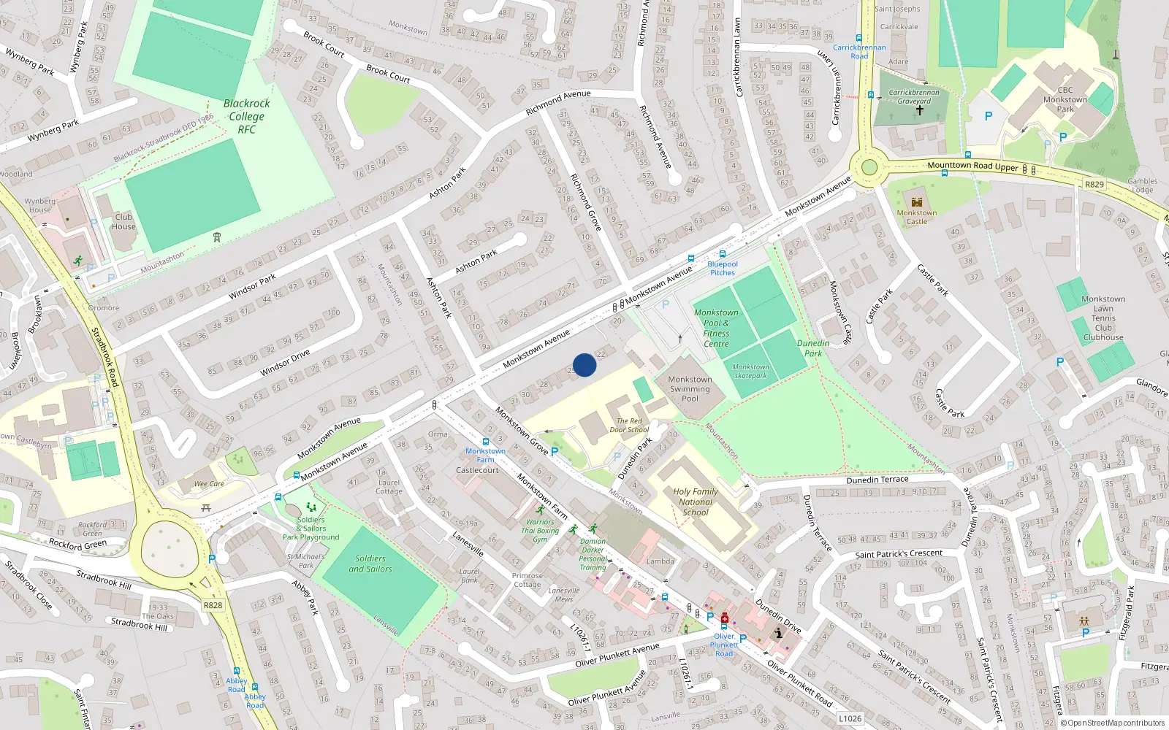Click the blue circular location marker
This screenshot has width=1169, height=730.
tap(584, 365)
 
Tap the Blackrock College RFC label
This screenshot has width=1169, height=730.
tap(246, 116)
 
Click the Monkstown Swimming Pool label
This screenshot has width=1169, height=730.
tap(690, 389)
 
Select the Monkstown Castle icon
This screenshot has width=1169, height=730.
tap(916, 202)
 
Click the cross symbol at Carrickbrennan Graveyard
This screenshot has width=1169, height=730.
tap(919, 110)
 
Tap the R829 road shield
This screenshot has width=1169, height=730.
tap(1094, 184)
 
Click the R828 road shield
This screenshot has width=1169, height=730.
tap(213, 605)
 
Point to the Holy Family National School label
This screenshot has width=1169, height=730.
tap(695, 502)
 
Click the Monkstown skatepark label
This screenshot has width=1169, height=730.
tap(750, 372)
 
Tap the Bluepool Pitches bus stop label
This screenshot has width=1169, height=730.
tap(723, 268)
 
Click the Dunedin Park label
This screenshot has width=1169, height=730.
tap(812, 348)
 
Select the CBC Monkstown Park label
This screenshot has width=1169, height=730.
tap(1065, 99)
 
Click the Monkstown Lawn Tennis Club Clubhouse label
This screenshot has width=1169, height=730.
tap(1103, 318)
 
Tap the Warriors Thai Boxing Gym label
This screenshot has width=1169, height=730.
tap(540, 531)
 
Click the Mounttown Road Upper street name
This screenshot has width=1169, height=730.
tap(972, 166)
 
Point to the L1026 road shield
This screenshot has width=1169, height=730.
tap(850, 718)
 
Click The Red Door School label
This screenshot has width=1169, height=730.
tap(628, 425)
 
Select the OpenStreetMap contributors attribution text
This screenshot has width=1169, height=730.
tap(1116, 723)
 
